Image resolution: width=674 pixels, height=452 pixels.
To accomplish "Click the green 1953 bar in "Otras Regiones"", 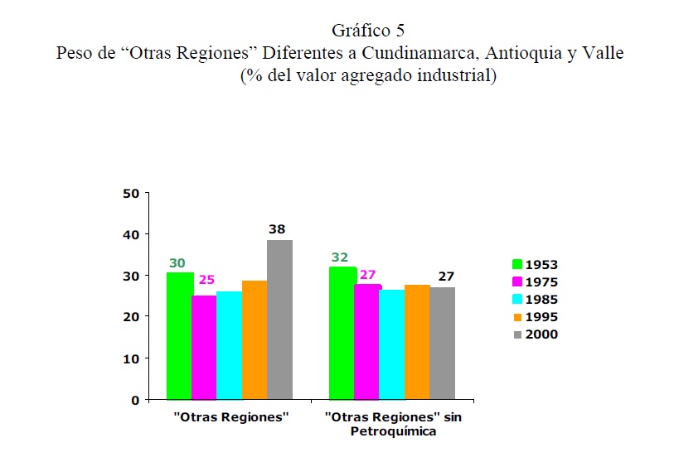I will pyautogui.click(x=179, y=335).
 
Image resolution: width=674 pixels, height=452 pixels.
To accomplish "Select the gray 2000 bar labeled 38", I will pyautogui.click(x=279, y=320).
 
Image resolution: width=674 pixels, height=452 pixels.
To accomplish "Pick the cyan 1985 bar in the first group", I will pyautogui.click(x=230, y=345).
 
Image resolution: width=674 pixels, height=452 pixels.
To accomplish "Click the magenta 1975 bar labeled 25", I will pyautogui.click(x=204, y=347).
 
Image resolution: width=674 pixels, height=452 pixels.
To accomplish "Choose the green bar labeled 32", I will pyautogui.click(x=342, y=333).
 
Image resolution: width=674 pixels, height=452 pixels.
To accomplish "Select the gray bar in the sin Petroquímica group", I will pyautogui.click(x=442, y=343).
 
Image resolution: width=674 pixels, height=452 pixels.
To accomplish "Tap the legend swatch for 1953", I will pyautogui.click(x=516, y=265).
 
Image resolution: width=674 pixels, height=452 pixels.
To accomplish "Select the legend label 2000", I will pyautogui.click(x=541, y=334).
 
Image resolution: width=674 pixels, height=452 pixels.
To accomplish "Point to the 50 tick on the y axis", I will pyautogui.click(x=129, y=194).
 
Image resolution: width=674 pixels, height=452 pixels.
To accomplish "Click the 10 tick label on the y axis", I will pyautogui.click(x=129, y=358).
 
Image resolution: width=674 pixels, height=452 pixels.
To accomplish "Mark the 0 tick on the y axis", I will pyautogui.click(x=134, y=400).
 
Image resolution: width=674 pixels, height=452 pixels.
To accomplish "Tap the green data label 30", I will pyautogui.click(x=177, y=263).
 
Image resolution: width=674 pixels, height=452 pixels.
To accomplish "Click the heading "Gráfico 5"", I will pyautogui.click(x=368, y=31).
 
